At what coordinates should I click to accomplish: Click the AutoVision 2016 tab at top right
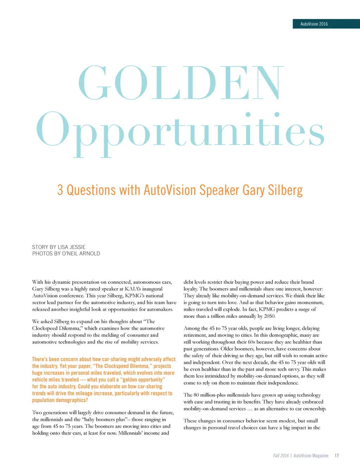(314, 24)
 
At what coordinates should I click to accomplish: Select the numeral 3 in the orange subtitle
(60, 190)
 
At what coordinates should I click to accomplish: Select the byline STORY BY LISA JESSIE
(59, 247)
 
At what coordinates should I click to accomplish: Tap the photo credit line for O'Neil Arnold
(66, 253)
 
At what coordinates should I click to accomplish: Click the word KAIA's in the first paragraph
(133, 289)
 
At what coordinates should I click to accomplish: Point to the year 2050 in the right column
(269, 316)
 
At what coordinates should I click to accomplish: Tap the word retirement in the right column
(195, 335)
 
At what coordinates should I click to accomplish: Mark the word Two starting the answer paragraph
(37, 412)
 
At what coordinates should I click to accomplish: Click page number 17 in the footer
(336, 456)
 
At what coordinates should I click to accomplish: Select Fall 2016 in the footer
(281, 456)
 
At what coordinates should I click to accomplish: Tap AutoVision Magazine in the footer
(311, 456)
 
